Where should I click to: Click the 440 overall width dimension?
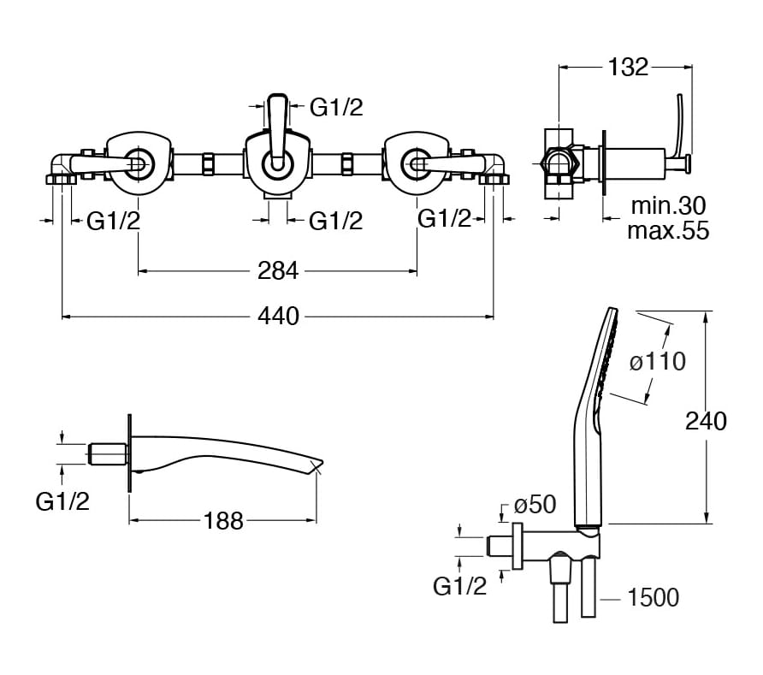(278, 317)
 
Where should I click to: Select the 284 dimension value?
(278, 271)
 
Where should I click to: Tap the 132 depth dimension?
(628, 68)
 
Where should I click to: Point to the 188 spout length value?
(223, 521)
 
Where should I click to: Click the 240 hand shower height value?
(706, 422)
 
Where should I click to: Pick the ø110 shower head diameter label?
(658, 362)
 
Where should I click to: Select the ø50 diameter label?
(535, 505)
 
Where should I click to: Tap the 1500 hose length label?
(653, 598)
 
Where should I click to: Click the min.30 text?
(668, 206)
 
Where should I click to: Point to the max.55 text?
(668, 230)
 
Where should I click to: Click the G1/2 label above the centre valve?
(336, 108)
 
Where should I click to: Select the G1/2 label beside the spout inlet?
(62, 501)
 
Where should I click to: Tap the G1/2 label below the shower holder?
(459, 586)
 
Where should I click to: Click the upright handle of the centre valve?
(277, 128)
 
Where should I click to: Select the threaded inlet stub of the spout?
(109, 453)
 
